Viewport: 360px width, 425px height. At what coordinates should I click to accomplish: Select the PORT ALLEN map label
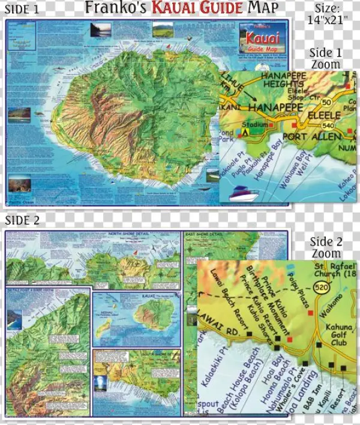tap(304, 136)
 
